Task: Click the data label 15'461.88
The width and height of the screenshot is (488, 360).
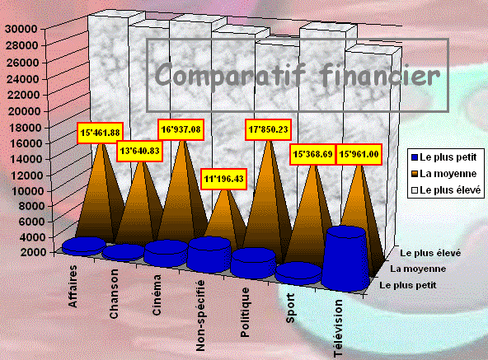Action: (x=100, y=133)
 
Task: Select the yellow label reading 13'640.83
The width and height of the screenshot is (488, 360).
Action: (x=140, y=152)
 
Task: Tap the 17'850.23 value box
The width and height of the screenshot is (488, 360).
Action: (x=268, y=129)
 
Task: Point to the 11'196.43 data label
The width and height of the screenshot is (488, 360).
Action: (x=223, y=179)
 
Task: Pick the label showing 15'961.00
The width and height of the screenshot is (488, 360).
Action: (x=359, y=154)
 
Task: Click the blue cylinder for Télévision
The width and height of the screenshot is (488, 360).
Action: (x=346, y=258)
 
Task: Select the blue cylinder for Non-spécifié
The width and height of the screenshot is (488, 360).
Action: (x=209, y=255)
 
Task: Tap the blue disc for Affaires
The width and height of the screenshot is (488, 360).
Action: (x=84, y=245)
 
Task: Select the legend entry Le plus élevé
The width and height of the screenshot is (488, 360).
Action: (x=446, y=190)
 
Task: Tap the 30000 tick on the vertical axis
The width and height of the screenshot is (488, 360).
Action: (x=21, y=29)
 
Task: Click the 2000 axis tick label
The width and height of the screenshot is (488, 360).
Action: (x=33, y=252)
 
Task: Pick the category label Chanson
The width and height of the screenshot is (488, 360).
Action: (x=114, y=294)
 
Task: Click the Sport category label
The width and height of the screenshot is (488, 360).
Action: (x=290, y=308)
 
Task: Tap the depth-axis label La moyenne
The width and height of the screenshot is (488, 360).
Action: (x=418, y=269)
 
